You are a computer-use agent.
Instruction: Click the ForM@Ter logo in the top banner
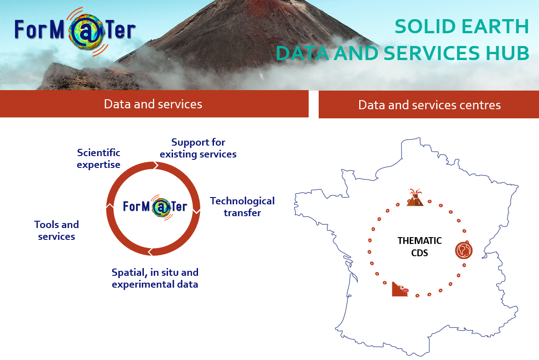(75, 31)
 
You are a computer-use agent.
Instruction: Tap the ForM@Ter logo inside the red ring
(155, 207)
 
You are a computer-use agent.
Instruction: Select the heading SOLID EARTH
(461, 26)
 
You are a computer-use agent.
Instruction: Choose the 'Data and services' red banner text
(153, 104)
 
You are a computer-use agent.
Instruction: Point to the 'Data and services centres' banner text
(429, 105)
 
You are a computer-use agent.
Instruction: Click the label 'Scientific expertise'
(99, 158)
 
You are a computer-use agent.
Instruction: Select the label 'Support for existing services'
(198, 148)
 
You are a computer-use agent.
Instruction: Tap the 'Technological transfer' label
(242, 207)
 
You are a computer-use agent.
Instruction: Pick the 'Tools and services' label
(56, 230)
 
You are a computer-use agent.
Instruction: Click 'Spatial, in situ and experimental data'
(155, 278)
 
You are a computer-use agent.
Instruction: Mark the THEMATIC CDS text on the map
(419, 247)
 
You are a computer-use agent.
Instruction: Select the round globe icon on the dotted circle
(464, 250)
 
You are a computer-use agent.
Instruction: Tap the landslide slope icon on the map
(400, 289)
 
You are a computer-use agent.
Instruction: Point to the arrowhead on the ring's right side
(196, 211)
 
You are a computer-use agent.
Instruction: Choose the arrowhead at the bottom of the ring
(151, 252)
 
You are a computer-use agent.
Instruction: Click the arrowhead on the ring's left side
(110, 206)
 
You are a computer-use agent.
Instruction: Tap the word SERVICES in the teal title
(432, 53)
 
